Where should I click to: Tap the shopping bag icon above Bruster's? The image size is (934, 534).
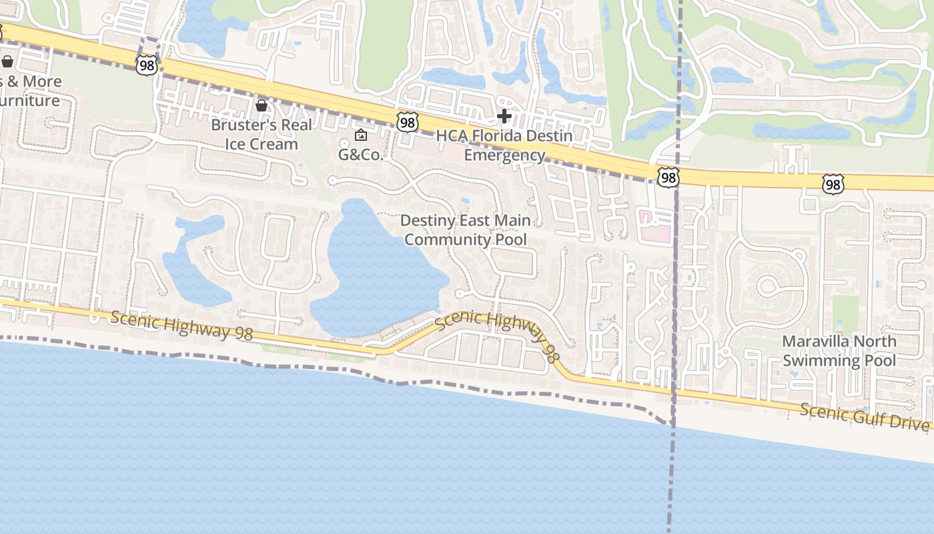262,105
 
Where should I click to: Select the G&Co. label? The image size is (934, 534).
360,156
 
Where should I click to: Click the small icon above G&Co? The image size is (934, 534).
361,136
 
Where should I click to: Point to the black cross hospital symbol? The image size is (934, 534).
504,117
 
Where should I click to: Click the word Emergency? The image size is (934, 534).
504,156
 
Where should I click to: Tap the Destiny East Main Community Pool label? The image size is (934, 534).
466,230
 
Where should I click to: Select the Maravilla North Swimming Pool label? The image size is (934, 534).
839,351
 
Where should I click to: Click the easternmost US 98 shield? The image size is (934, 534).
833,184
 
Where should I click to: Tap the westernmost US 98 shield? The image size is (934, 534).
145,65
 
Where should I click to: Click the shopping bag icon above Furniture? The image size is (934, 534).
7,62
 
